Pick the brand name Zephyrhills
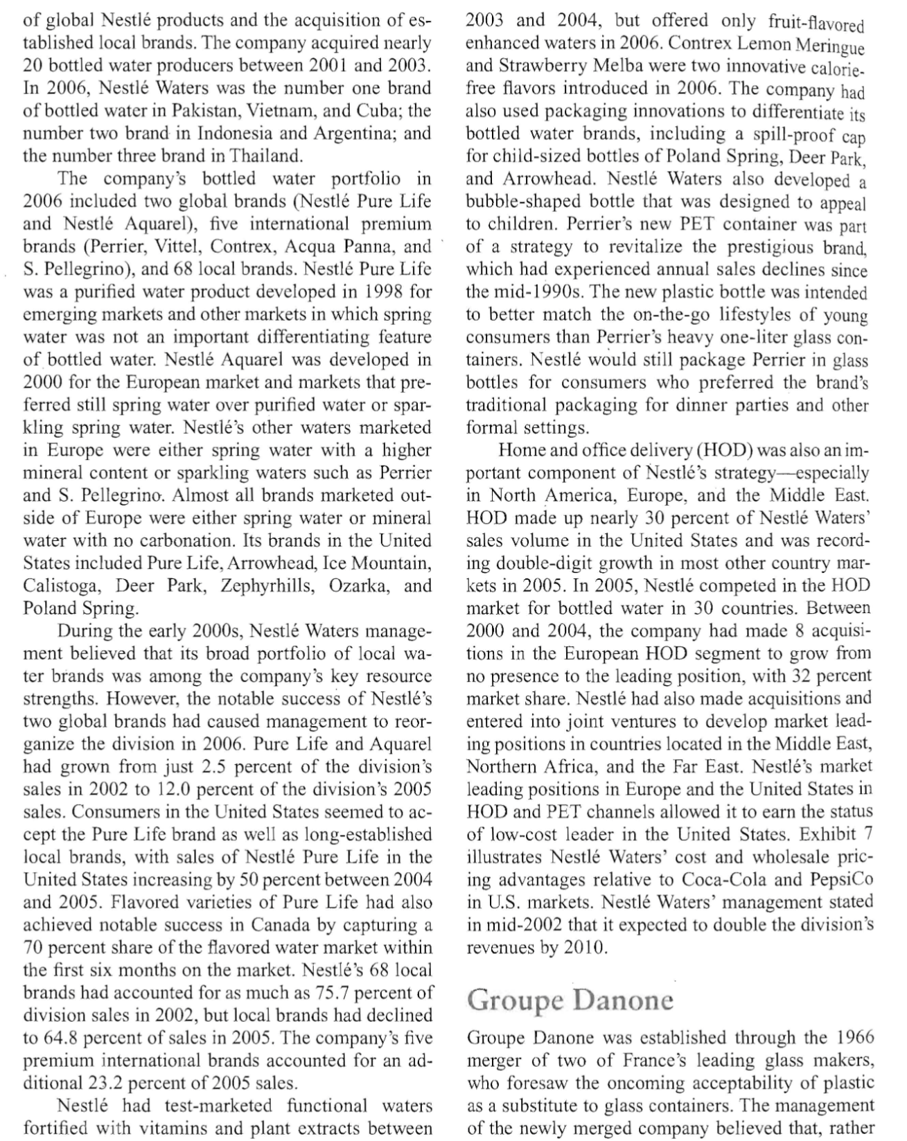pyautogui.click(x=266, y=585)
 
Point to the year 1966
pyautogui.click(x=855, y=1038)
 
